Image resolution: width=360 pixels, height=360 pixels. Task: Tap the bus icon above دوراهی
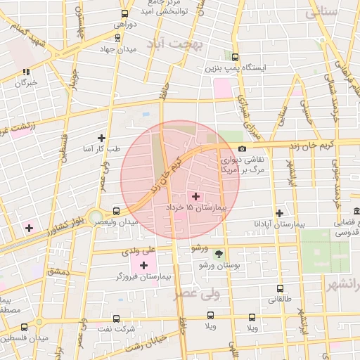[125, 13]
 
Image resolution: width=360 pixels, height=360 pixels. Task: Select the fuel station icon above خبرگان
[27, 72]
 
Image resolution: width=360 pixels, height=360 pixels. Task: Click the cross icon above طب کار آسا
[102, 138]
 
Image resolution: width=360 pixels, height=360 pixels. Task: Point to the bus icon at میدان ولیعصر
[116, 211]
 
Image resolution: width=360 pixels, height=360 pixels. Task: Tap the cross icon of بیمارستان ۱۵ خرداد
[195, 196]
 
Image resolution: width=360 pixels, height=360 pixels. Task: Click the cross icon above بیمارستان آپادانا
[280, 212]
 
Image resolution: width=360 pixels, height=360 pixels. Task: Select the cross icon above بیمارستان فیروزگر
[144, 265]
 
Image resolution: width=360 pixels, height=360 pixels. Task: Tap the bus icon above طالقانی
[281, 288]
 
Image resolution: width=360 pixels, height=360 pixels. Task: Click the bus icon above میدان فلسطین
[25, 327]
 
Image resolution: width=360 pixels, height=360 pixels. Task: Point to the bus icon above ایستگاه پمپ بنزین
[235, 57]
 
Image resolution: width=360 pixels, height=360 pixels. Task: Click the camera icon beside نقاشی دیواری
[242, 148]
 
